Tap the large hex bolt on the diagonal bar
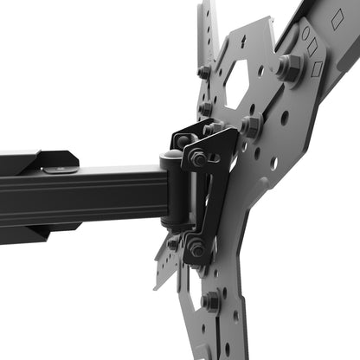290,67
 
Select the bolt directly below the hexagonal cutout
250,126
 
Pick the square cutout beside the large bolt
318,67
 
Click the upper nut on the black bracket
198,158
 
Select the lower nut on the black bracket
196,247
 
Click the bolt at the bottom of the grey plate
211,302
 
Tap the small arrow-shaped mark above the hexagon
243,42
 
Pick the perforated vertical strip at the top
208,30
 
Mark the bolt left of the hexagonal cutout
205,71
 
